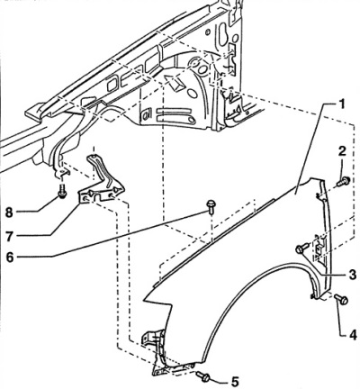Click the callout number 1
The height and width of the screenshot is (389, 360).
341,104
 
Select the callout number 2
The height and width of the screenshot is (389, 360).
342,151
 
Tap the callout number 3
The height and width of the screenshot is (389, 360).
353,275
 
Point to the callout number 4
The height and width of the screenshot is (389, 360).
352,335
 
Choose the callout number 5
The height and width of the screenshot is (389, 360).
235,382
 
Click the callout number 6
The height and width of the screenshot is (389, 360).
10,258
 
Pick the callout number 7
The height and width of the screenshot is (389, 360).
10,237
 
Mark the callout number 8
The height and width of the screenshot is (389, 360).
10,213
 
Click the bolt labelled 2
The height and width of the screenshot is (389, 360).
344,181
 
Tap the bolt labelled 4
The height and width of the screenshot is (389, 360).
341,299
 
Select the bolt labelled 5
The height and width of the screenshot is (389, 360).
203,376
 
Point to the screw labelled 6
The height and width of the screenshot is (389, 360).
211,207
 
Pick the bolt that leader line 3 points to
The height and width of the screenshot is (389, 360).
301,248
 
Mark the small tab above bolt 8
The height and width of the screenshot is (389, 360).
61,173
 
